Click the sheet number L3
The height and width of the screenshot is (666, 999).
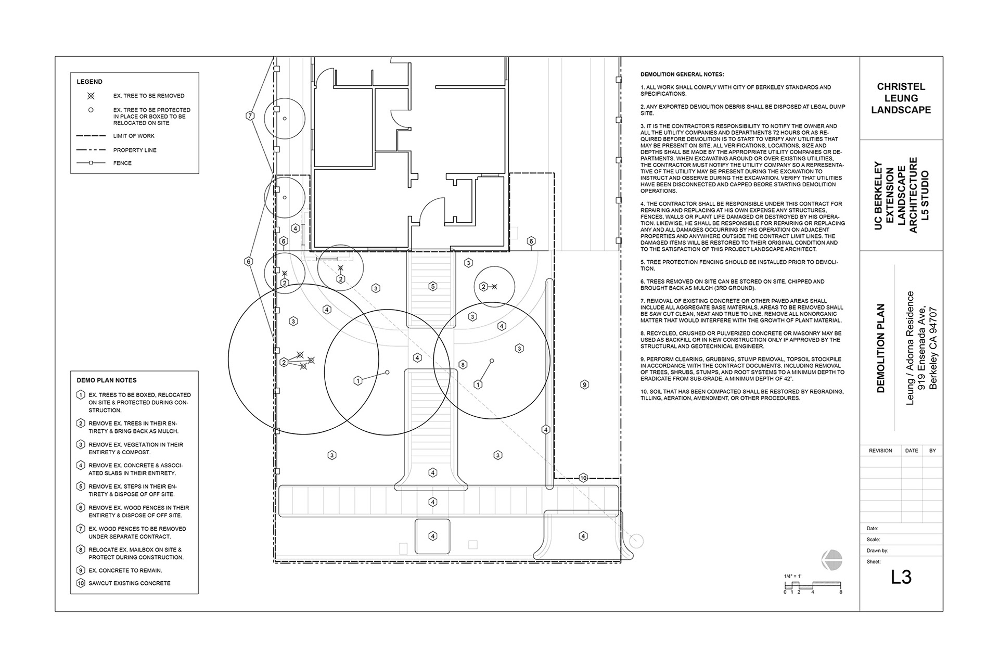coord(901,577)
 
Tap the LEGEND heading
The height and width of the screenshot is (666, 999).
coord(89,82)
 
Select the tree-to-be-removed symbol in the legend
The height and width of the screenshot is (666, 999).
coord(91,96)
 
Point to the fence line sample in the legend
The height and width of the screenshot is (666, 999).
coord(91,163)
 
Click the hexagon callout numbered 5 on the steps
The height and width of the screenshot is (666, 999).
coord(432,286)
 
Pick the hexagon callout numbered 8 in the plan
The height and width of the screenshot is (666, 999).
coord(463,365)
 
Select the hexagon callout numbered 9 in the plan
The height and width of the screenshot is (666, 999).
coord(584,385)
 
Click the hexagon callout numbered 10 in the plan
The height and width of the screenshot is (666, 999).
coord(583,478)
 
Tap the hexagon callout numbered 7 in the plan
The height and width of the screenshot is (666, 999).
coord(250,116)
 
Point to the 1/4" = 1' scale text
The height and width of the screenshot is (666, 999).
coord(792,576)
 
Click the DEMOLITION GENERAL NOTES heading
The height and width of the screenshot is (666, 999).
coord(682,75)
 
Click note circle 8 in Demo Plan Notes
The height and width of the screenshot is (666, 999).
coord(81,550)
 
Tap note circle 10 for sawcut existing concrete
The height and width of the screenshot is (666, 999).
coord(81,583)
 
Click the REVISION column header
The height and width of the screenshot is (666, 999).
coord(880,451)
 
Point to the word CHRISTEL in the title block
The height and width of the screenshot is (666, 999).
coord(901,87)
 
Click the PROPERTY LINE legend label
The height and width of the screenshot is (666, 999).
coord(135,150)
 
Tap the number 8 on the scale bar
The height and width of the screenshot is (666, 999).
coord(841,592)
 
